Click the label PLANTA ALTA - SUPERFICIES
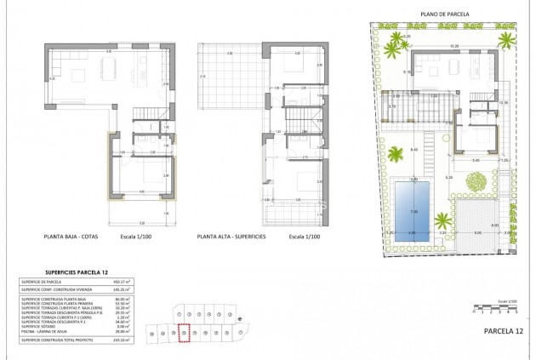231,237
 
